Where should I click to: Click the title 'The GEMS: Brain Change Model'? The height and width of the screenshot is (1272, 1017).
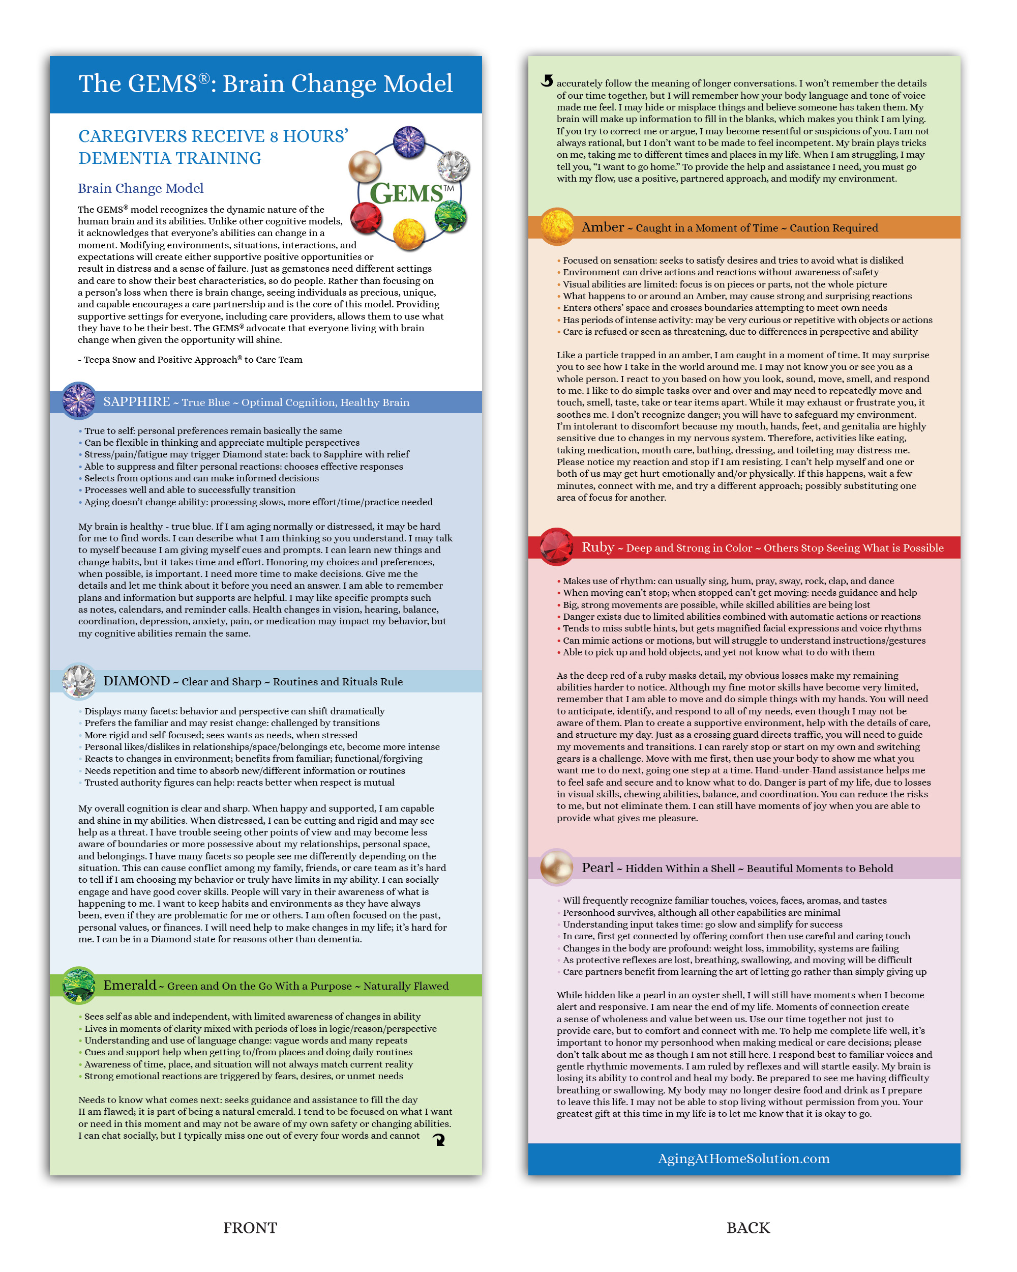pos(265,84)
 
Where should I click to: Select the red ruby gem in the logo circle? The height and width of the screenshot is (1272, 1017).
pos(366,218)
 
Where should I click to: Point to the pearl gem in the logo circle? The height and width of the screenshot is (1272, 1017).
pos(365,166)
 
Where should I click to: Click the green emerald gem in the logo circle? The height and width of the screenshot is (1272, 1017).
pos(451,216)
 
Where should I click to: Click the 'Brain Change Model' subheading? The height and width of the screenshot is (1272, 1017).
pos(141,188)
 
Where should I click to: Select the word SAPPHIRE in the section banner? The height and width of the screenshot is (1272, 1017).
pos(137,402)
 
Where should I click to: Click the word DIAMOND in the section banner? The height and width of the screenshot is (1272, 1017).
pos(137,681)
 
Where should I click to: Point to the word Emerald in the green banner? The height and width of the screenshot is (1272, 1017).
pos(130,985)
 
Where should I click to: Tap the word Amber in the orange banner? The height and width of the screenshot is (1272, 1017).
pos(603,227)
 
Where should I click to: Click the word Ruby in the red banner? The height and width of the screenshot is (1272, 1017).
pos(598,547)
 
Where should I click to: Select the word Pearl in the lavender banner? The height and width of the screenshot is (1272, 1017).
pos(597,868)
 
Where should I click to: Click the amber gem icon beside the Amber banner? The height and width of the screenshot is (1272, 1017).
pos(556,226)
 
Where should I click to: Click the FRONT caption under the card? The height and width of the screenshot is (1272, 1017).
pos(250,1228)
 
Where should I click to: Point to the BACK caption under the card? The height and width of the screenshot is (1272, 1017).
pos(748,1228)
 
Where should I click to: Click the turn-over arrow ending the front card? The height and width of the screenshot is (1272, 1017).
pos(439,1139)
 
